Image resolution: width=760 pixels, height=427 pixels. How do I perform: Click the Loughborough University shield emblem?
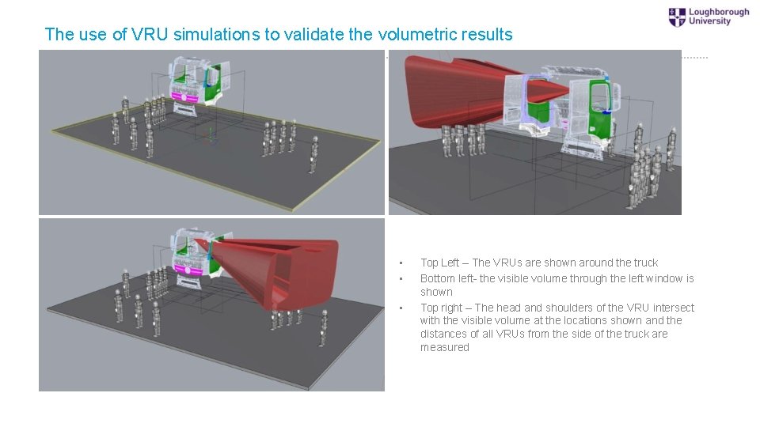[x=678, y=17]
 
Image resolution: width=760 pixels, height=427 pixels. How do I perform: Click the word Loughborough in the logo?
[x=719, y=12]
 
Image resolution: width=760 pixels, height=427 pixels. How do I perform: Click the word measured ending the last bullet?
[x=444, y=347]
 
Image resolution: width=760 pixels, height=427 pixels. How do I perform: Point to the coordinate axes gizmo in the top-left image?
[x=210, y=134]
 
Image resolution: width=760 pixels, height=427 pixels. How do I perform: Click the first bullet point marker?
[x=401, y=263]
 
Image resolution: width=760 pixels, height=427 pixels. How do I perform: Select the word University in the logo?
[x=709, y=22]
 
